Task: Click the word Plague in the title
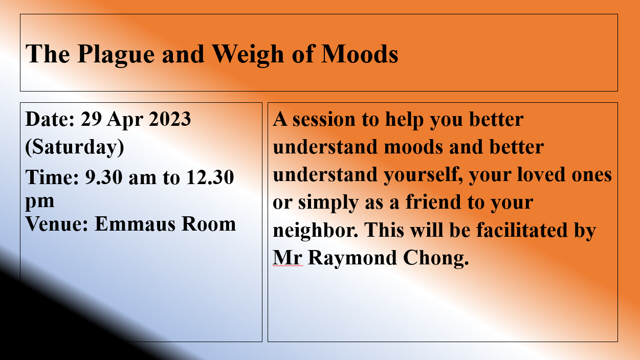pos(116,55)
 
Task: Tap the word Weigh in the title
pos(248,55)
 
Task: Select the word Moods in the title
pos(360,54)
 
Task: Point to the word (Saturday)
pos(75,147)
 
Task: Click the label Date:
pos(50,119)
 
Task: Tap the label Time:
pos(52,177)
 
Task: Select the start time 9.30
pos(104,177)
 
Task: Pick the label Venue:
pos(57,223)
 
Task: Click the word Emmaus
pos(135,223)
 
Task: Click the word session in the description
pos(324,119)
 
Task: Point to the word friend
pos(433,202)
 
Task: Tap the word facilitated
pos(522,230)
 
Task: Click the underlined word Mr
pos(287,258)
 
